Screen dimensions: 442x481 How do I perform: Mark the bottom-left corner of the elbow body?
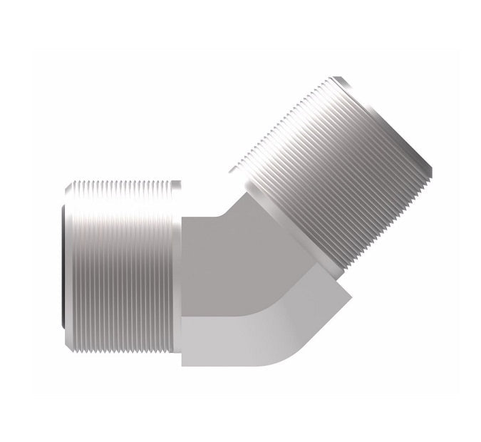tap(183, 365)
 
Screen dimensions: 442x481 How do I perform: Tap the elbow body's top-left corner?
tap(183, 217)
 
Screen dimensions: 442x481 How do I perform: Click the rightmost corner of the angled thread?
tap(431, 171)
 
